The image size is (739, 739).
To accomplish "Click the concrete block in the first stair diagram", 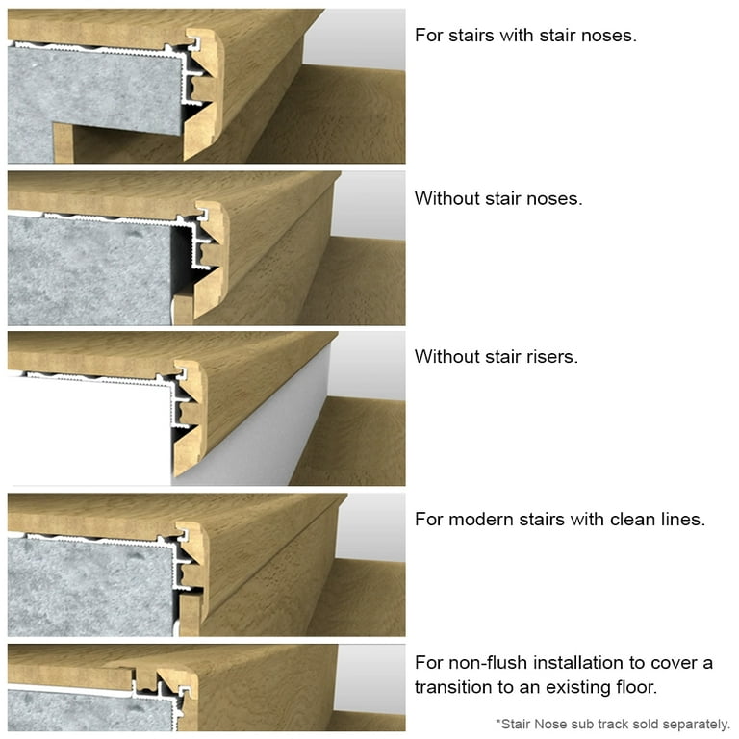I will (x=91, y=91).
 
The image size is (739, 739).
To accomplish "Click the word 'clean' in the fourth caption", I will (x=631, y=520).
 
